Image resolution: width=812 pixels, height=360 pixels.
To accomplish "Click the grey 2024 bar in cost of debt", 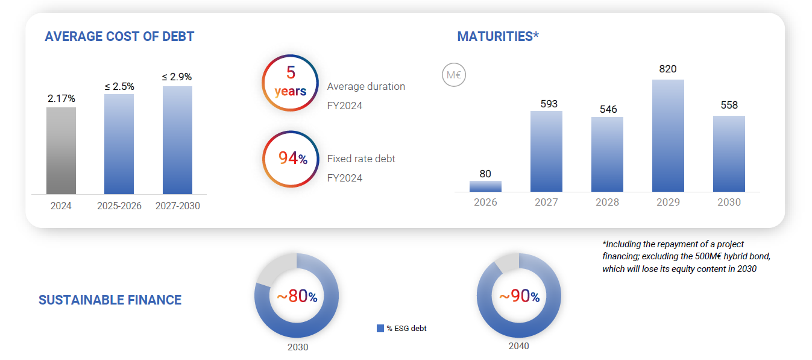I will [61, 151].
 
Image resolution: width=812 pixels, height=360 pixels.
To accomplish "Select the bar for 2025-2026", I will [119, 144].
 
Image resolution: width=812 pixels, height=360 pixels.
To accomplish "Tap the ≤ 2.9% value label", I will [177, 77].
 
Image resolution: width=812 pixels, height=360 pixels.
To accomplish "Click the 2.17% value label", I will [61, 98].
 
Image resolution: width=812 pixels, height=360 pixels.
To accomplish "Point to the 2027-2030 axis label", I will [177, 206].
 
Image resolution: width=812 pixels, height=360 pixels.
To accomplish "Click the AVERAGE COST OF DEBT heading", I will [119, 36].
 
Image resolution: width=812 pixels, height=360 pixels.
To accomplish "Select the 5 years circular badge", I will [290, 83].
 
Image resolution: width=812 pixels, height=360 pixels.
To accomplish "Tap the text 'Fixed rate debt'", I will [361, 159].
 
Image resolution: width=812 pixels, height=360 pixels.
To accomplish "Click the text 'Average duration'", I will [366, 86].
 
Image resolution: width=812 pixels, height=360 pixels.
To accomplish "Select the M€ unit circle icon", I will [454, 75].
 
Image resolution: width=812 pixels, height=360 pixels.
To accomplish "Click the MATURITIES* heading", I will [497, 36].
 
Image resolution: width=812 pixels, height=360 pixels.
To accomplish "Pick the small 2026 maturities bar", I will [485, 186].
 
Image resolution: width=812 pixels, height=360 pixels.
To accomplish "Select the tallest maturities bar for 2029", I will [668, 136].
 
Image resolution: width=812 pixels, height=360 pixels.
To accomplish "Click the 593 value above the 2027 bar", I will [546, 104].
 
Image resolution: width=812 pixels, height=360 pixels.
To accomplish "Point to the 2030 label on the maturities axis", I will [729, 202].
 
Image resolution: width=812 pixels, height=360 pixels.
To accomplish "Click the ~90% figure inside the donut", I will [518, 296].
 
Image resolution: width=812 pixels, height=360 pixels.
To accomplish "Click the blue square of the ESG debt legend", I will [380, 328].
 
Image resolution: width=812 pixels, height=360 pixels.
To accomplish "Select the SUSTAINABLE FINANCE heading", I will [110, 300].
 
